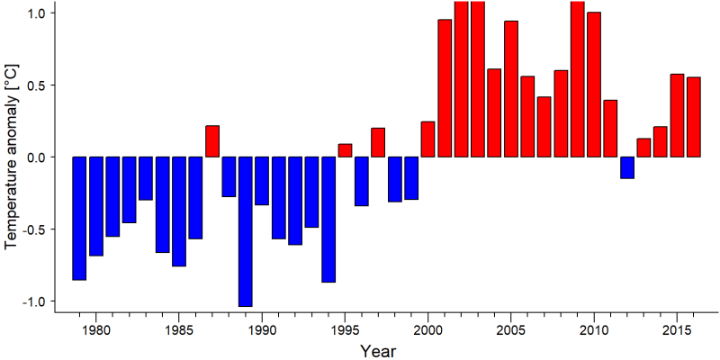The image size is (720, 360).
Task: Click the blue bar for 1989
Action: [x=245, y=231]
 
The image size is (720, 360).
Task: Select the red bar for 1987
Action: [x=212, y=141]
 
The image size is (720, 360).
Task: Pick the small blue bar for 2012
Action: [x=627, y=167]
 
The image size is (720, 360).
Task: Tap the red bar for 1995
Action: [x=345, y=150]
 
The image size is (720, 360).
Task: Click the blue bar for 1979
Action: [x=79, y=218]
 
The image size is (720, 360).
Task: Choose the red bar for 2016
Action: [x=694, y=117]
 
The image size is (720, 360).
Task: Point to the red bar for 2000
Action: [x=428, y=139]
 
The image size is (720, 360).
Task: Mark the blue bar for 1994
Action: [x=328, y=220]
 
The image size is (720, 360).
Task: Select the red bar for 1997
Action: [x=378, y=142]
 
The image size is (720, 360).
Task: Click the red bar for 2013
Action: [x=643, y=148]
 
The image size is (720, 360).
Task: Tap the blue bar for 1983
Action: [x=146, y=178]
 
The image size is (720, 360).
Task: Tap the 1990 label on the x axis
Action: [x=262, y=330]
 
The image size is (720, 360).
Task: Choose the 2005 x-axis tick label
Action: [x=511, y=330]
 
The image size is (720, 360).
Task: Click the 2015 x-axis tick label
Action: [x=677, y=330]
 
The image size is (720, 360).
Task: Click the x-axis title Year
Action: [x=377, y=351]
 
